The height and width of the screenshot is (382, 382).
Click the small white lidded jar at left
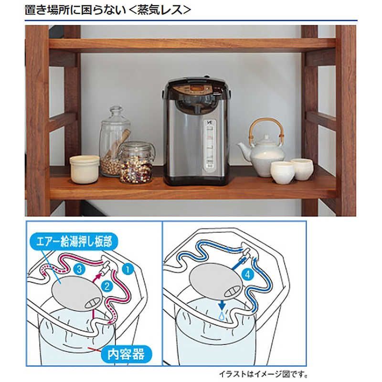tap(85, 168)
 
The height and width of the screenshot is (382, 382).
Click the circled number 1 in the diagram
tap(127, 268)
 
